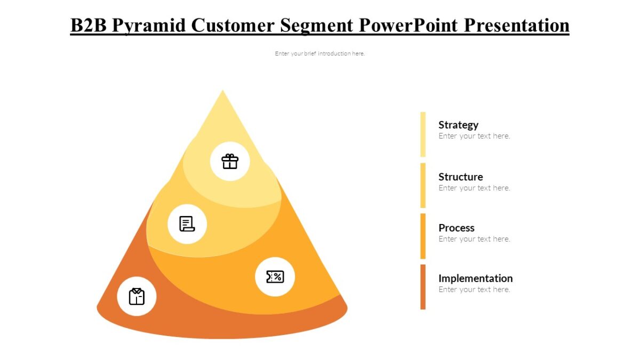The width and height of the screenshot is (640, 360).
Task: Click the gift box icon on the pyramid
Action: click(x=230, y=161)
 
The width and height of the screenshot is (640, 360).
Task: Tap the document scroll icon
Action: click(x=187, y=224)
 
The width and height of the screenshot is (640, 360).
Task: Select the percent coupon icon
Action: click(x=275, y=276)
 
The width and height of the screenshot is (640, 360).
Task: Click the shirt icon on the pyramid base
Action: click(x=137, y=296)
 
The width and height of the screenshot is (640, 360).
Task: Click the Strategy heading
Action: click(x=458, y=125)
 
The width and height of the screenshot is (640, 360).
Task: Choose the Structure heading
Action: click(x=460, y=177)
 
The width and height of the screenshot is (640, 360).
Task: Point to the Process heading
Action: click(x=456, y=228)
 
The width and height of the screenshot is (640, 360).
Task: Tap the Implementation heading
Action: click(x=475, y=278)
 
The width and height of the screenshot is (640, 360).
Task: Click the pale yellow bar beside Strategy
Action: click(x=423, y=134)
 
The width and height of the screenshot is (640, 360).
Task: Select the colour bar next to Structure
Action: click(x=423, y=185)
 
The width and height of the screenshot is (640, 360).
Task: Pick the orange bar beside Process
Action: click(x=423, y=236)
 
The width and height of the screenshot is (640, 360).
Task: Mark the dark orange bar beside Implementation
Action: click(x=423, y=286)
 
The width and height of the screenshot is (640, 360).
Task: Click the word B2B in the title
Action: click(x=89, y=25)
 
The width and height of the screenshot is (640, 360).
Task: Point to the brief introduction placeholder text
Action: click(x=319, y=53)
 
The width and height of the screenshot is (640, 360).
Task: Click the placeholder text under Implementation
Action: click(x=474, y=290)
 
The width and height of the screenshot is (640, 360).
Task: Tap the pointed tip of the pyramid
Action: click(x=222, y=93)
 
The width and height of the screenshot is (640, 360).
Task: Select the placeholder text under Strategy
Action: click(x=474, y=136)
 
